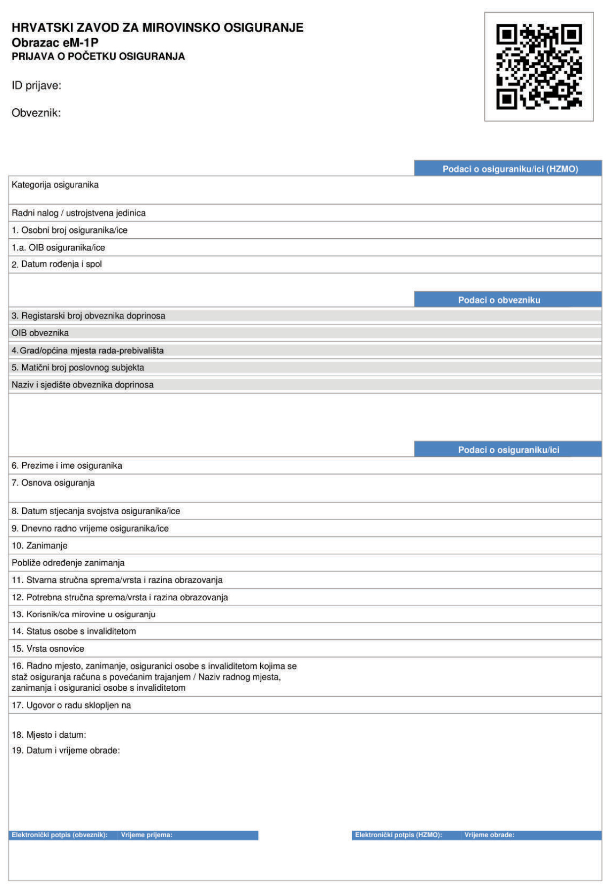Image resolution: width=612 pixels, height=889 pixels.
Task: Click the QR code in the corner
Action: [x=539, y=66]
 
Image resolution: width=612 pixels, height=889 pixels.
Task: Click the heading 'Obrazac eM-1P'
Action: [x=55, y=43]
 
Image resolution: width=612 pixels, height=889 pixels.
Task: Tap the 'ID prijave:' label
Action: [x=37, y=86]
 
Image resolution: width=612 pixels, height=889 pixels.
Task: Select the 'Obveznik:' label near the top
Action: [x=36, y=113]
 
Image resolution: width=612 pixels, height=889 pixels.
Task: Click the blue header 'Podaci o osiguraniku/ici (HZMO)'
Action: [x=510, y=169]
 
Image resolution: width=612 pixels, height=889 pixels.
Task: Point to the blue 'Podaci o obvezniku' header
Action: [x=499, y=300]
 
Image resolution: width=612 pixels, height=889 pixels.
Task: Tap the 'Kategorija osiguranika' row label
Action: [x=55, y=185]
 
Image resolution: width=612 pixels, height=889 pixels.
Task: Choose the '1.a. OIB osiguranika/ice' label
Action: [x=58, y=247]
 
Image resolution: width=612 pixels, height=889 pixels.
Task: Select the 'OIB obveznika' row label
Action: [x=40, y=333]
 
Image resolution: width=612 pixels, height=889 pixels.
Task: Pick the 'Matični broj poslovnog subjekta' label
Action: [x=78, y=367]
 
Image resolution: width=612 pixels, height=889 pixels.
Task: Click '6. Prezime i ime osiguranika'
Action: [x=67, y=465]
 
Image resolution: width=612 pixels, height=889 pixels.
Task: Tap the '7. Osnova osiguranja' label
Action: [x=53, y=483]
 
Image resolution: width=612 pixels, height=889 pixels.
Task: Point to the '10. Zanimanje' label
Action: [x=40, y=545]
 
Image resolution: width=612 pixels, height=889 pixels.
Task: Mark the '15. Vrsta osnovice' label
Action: [x=48, y=648]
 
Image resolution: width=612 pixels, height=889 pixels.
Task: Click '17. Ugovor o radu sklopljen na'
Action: [x=71, y=705]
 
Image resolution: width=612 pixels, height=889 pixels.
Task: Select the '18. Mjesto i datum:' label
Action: [x=49, y=735]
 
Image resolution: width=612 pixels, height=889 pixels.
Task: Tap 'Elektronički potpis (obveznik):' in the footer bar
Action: [x=59, y=835]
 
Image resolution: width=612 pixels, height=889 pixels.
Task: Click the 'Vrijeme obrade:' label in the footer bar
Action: [x=489, y=835]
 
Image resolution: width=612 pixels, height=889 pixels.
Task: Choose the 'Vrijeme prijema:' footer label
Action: [x=146, y=835]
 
